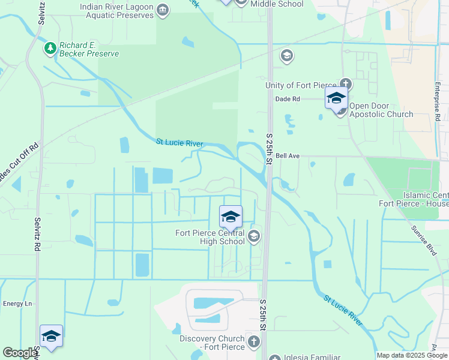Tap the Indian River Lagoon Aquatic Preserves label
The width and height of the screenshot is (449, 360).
pyautogui.click(x=117, y=11)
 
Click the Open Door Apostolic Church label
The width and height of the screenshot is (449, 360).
pyautogui.click(x=381, y=110)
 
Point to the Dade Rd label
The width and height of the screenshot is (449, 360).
pyautogui.click(x=287, y=99)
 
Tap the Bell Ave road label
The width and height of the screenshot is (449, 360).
pyautogui.click(x=288, y=155)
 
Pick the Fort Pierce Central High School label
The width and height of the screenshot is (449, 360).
pyautogui.click(x=209, y=237)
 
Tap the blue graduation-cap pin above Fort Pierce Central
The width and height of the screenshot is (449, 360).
pyautogui.click(x=231, y=217)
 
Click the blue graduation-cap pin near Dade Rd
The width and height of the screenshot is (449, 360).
pyautogui.click(x=336, y=98)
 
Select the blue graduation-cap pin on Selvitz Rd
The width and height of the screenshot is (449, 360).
pyautogui.click(x=51, y=337)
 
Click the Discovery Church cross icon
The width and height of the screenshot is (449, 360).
pyautogui.click(x=254, y=342)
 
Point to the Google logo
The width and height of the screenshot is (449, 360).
pyautogui.click(x=20, y=353)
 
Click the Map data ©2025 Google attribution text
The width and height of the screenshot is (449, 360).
pyautogui.click(x=411, y=355)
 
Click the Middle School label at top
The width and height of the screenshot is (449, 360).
pyautogui.click(x=277, y=4)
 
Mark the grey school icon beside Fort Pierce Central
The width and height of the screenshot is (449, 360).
pyautogui.click(x=254, y=236)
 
